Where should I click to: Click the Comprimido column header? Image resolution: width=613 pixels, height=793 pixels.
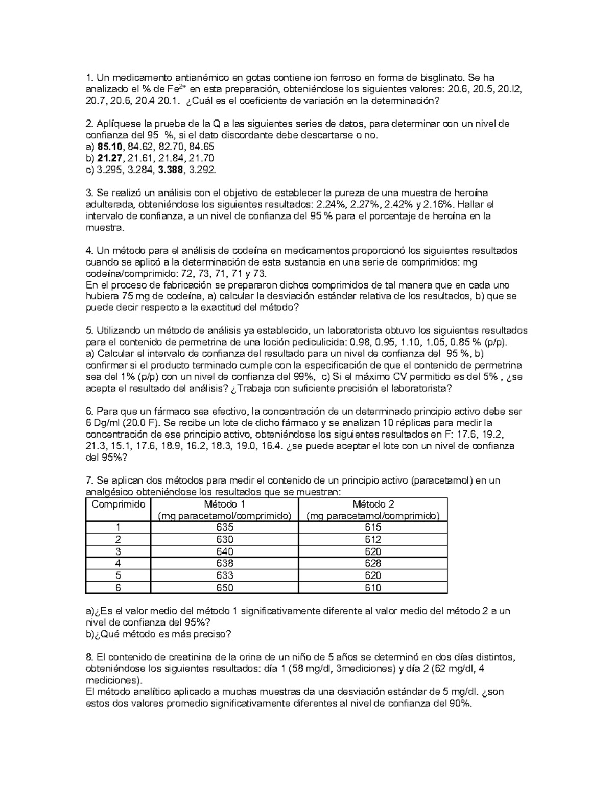pos(119,504)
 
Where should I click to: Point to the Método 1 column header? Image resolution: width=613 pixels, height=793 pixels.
pos(225,504)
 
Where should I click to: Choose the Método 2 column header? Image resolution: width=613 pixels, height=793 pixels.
pos(373,504)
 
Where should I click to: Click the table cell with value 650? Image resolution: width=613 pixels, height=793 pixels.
pos(225,588)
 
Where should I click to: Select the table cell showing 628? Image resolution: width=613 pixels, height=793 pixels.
pos(373,564)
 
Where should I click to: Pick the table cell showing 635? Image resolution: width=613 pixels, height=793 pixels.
pos(225,527)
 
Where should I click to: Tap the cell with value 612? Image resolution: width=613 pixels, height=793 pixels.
pos(373,540)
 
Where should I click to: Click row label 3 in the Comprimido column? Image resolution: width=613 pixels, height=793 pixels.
pos(119,551)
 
